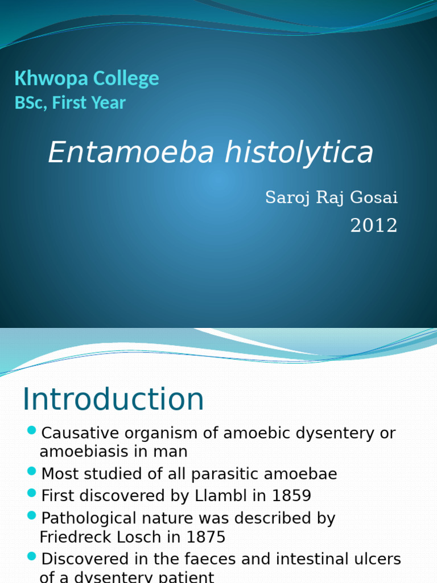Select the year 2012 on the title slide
click(x=374, y=226)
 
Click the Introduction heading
click(x=113, y=400)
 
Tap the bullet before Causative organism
click(x=32, y=430)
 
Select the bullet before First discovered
click(x=32, y=493)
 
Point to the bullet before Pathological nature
click(x=32, y=516)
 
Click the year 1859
click(x=291, y=496)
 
